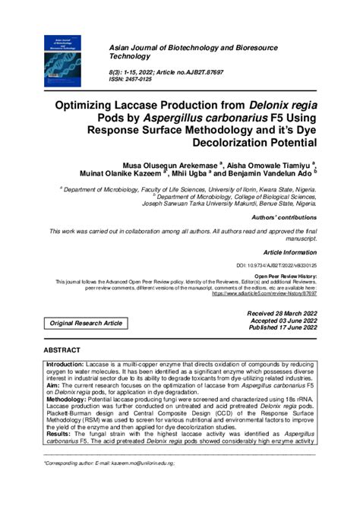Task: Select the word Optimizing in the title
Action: (135, 105)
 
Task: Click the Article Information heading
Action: (290, 251)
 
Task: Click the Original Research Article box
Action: (86, 323)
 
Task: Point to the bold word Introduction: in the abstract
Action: (65, 365)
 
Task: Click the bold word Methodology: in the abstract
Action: (67, 398)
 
